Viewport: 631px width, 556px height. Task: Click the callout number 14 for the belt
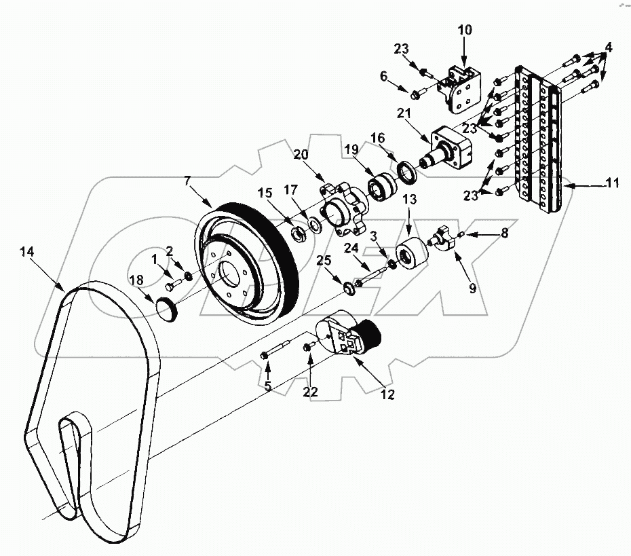click(x=26, y=251)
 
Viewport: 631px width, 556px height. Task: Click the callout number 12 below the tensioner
click(x=387, y=393)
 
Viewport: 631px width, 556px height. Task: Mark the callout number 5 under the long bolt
click(x=267, y=387)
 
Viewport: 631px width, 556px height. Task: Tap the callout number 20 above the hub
click(x=301, y=155)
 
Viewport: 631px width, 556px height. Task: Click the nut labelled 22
click(x=307, y=348)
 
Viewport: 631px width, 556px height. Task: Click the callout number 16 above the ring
click(x=377, y=138)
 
